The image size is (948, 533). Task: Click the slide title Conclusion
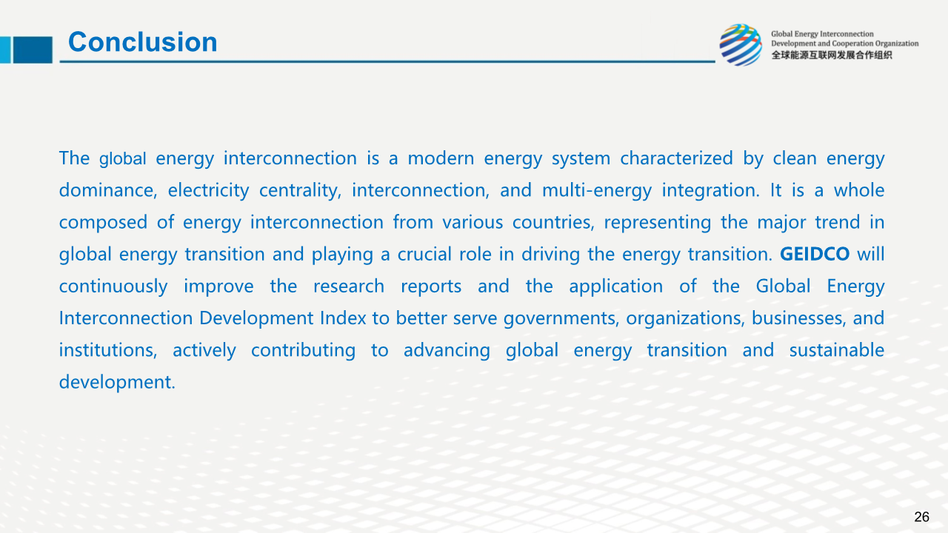click(x=143, y=42)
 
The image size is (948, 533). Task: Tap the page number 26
click(x=921, y=517)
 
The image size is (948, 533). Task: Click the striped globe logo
click(x=741, y=45)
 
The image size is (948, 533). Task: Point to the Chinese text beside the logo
click(x=831, y=56)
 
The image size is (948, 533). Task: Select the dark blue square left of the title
click(x=33, y=50)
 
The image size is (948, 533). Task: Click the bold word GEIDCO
click(x=815, y=254)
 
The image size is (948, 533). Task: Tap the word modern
click(x=441, y=158)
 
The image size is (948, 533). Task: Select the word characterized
click(x=676, y=158)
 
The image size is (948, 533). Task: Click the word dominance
click(x=108, y=190)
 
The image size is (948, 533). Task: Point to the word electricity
click(x=208, y=191)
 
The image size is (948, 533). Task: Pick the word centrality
click(x=300, y=191)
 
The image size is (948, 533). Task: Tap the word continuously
click(x=113, y=286)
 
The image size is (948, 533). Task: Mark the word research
click(x=349, y=286)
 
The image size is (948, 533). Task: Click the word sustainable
click(x=837, y=350)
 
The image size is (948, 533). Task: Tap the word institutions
click(x=108, y=351)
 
